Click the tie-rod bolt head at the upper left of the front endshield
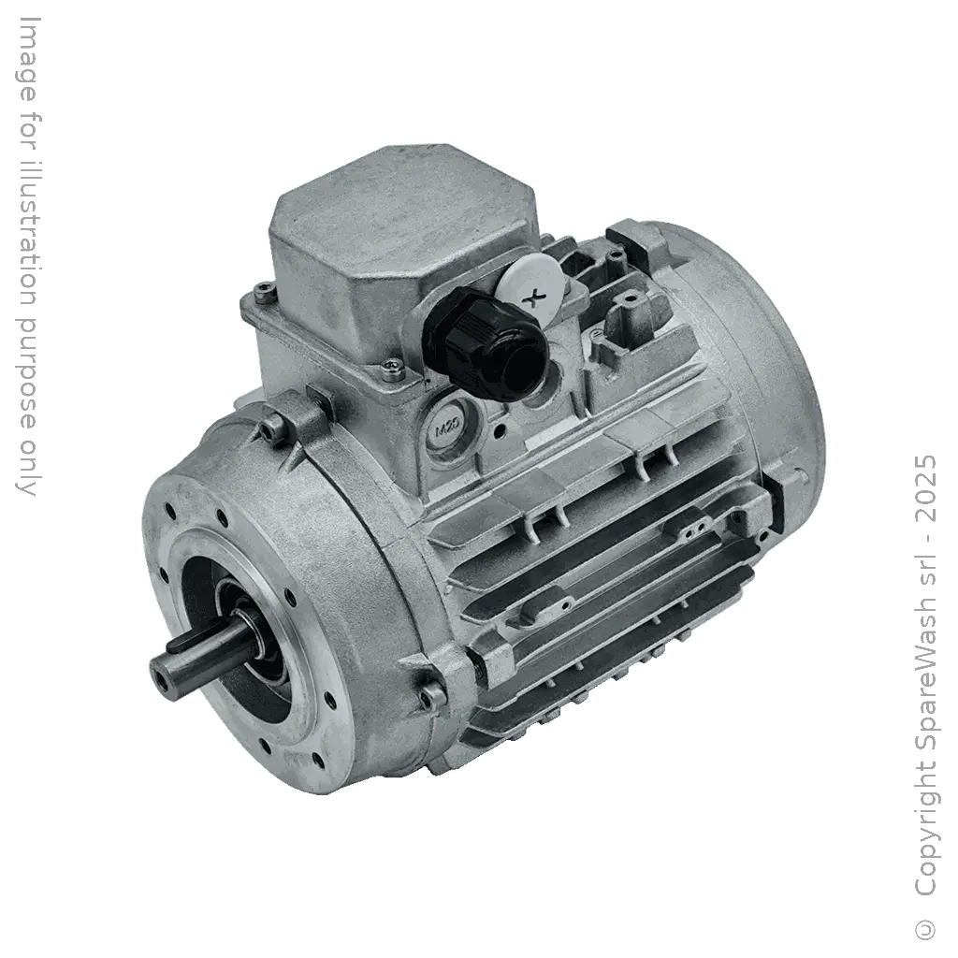(270, 429)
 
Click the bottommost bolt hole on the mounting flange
(265, 746)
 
